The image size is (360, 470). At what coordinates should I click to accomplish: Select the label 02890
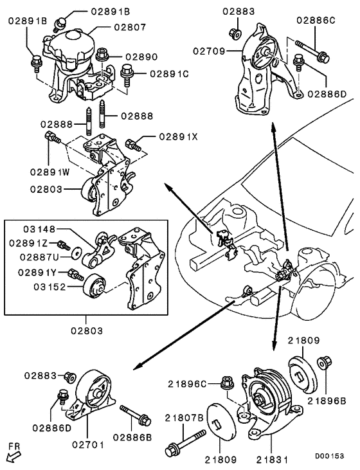[141, 57]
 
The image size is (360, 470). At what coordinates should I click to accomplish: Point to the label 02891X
[166, 137]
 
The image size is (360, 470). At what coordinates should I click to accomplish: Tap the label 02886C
[315, 20]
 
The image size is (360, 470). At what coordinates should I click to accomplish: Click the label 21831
[271, 460]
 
